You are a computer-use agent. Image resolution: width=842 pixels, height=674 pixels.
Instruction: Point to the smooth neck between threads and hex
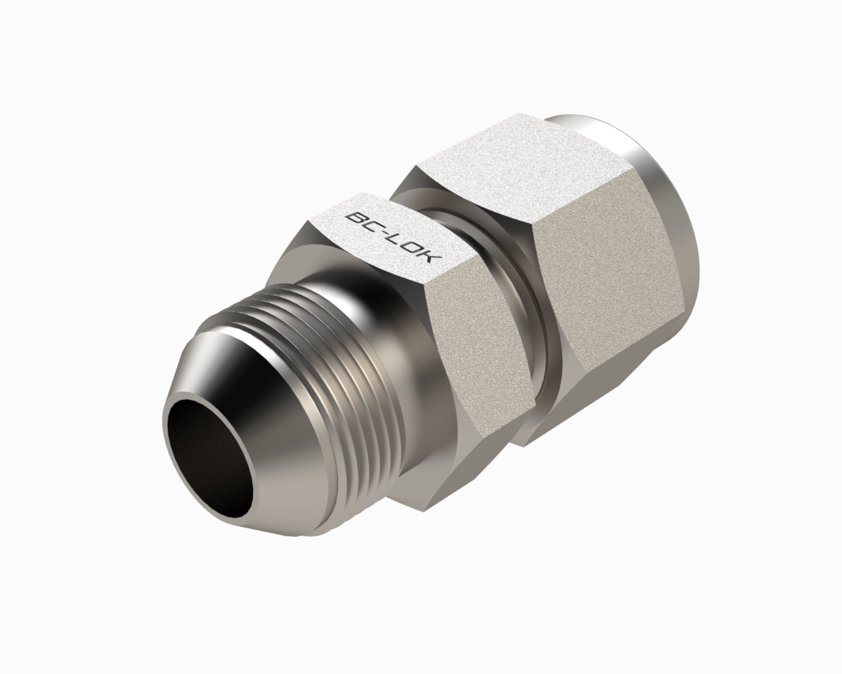(391, 329)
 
